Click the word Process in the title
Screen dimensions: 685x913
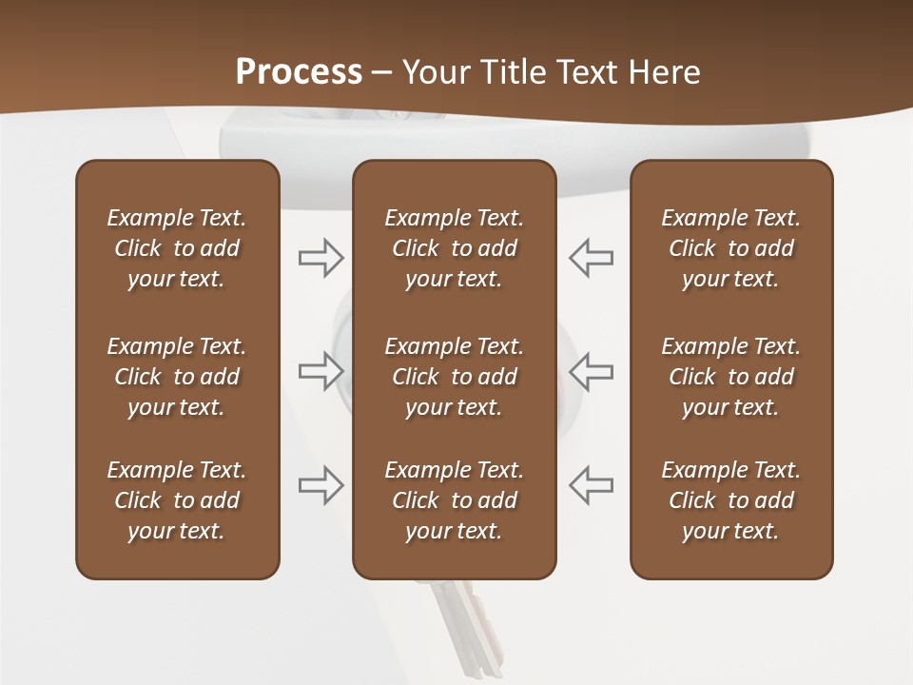click(x=299, y=72)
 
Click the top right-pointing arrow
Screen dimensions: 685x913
click(x=321, y=258)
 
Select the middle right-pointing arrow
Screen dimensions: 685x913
click(x=321, y=371)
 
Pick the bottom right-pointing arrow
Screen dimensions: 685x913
click(x=321, y=485)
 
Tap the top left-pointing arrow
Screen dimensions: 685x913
click(x=592, y=258)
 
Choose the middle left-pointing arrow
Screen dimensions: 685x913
click(x=592, y=371)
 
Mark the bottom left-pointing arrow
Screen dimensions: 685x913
click(x=592, y=485)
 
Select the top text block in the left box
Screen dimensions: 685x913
click(x=177, y=248)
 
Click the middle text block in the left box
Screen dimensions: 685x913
click(x=177, y=377)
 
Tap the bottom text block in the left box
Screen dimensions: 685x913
click(x=177, y=500)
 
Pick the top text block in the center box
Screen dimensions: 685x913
click(x=454, y=248)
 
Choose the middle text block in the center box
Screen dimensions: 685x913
click(x=454, y=377)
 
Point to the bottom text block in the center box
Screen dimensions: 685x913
click(x=454, y=500)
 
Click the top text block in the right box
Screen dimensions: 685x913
click(x=730, y=248)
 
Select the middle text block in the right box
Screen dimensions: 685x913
click(x=730, y=377)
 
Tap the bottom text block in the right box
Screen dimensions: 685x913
click(x=730, y=500)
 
